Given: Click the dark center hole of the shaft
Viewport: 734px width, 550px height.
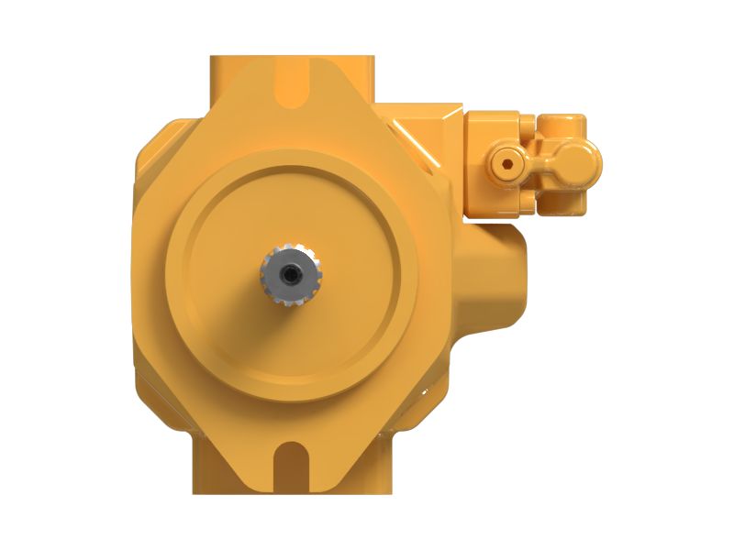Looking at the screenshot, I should click(292, 272).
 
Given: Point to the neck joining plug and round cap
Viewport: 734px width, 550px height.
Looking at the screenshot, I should click(543, 165).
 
